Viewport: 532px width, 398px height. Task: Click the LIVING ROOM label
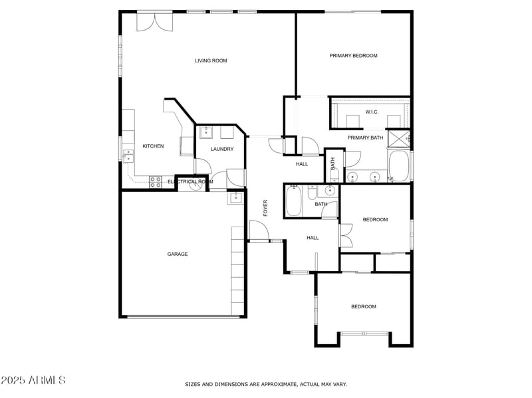point(211,60)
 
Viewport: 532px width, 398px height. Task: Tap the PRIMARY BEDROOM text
point(353,56)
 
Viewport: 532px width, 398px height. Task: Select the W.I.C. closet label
point(372,112)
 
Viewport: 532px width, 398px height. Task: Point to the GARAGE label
point(177,254)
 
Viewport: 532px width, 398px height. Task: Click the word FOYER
point(265,208)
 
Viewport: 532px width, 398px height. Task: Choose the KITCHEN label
point(153,146)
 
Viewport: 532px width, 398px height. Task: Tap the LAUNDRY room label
point(222,149)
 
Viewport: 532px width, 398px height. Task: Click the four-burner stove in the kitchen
point(156,180)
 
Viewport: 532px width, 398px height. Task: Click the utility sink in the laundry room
point(205,132)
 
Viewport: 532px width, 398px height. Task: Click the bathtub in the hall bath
point(293,201)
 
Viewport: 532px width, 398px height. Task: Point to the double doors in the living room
point(149,21)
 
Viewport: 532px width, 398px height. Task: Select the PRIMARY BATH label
point(365,138)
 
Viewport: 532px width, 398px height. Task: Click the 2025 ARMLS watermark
point(33,381)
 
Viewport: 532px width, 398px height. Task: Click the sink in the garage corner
point(235,197)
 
